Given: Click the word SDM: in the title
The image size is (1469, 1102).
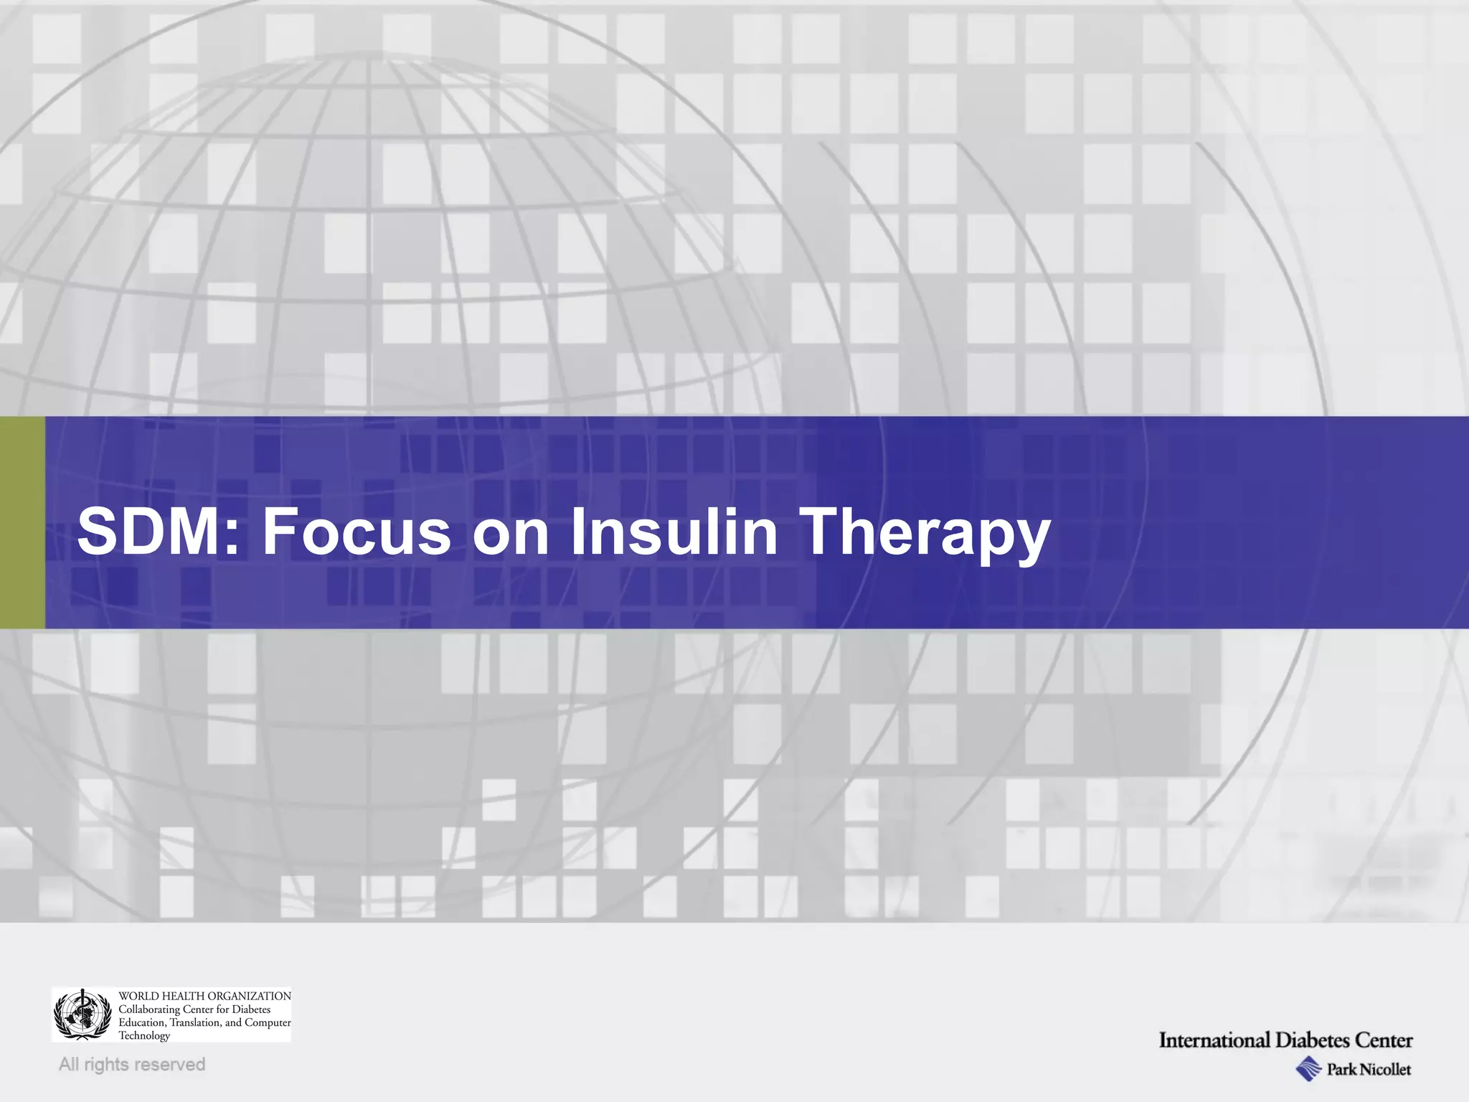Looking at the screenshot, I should pyautogui.click(x=159, y=532).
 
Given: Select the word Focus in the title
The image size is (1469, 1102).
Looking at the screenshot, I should pyautogui.click(x=356, y=532).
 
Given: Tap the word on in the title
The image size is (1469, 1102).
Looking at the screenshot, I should pyautogui.click(x=510, y=532).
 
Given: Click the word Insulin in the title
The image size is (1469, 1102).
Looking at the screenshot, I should pyautogui.click(x=674, y=532).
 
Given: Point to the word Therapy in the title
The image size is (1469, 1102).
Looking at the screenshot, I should pyautogui.click(x=925, y=532).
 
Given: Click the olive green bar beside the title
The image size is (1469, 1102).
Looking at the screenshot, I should pyautogui.click(x=22, y=522).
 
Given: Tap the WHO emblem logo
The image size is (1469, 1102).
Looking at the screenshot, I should pyautogui.click(x=83, y=1014).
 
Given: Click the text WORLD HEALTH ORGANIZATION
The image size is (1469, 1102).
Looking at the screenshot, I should pyautogui.click(x=204, y=996).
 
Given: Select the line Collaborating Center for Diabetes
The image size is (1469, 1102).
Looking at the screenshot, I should pyautogui.click(x=194, y=1009).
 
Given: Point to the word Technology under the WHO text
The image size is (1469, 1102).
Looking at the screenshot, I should pyautogui.click(x=144, y=1035).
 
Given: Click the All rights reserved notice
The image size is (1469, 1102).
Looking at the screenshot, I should pyautogui.click(x=132, y=1064).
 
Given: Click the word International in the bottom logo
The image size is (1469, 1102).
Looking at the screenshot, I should pyautogui.click(x=1214, y=1040).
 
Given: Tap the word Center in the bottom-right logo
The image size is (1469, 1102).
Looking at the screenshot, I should pyautogui.click(x=1384, y=1040).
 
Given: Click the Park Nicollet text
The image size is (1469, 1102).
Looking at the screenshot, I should pyautogui.click(x=1368, y=1070).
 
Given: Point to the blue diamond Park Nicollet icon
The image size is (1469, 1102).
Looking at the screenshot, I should pyautogui.click(x=1309, y=1068).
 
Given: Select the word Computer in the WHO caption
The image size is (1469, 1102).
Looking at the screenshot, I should pyautogui.click(x=268, y=1022).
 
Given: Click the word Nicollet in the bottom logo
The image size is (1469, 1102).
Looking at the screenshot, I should pyautogui.click(x=1384, y=1070).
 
